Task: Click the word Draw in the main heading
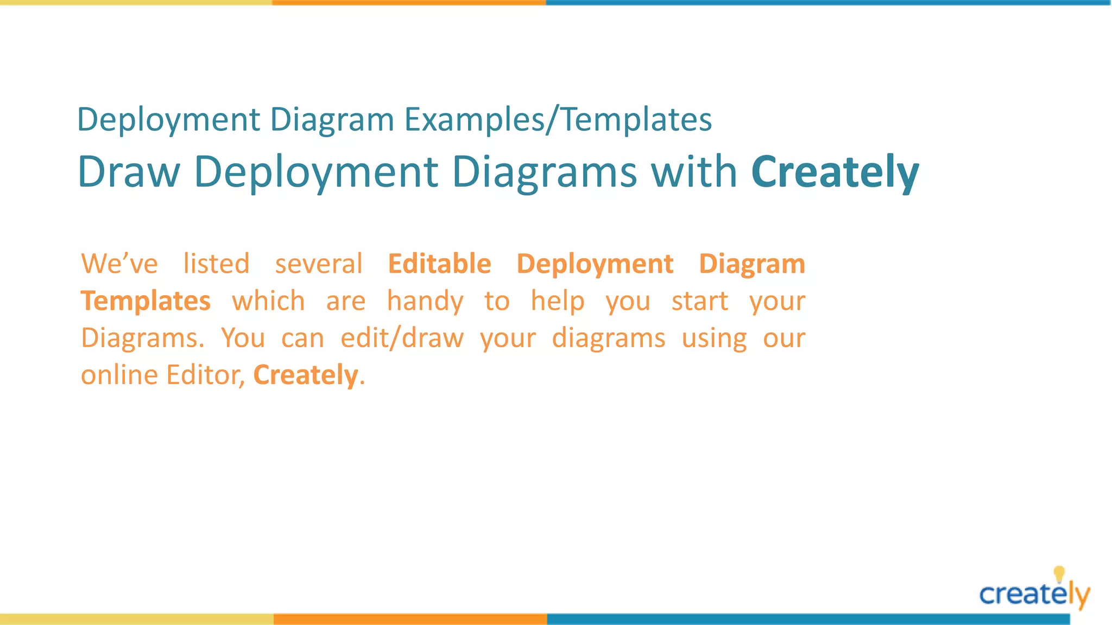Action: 129,171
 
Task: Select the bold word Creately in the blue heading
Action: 835,173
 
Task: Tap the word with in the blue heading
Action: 694,171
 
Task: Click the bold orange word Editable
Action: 439,264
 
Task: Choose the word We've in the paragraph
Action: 119,264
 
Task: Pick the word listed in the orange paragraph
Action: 216,264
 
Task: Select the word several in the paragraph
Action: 318,264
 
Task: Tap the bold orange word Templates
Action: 146,301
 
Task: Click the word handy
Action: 425,301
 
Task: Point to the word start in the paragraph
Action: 699,301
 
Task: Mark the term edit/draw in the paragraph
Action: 402,338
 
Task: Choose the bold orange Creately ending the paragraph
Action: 306,375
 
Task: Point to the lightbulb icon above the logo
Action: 1059,573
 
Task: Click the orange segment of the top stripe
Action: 409,3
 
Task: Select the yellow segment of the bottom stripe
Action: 136,619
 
